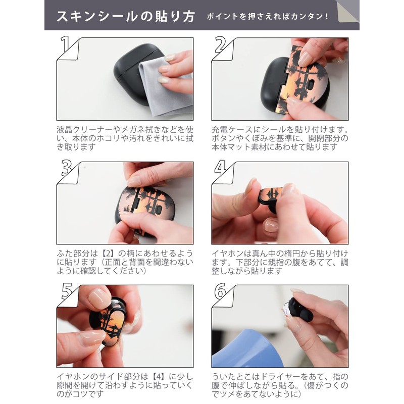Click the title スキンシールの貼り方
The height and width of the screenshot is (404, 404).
125,16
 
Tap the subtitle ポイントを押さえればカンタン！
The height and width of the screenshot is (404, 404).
268,17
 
